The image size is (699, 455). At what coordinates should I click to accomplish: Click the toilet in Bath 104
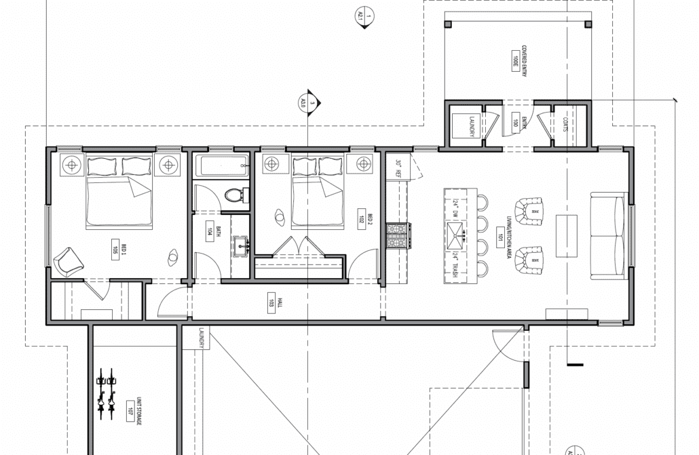234,195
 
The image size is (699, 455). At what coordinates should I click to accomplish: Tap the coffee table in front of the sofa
566,235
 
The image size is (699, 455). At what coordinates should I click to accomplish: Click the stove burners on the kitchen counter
396,237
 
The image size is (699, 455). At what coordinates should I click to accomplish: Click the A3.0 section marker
308,102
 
